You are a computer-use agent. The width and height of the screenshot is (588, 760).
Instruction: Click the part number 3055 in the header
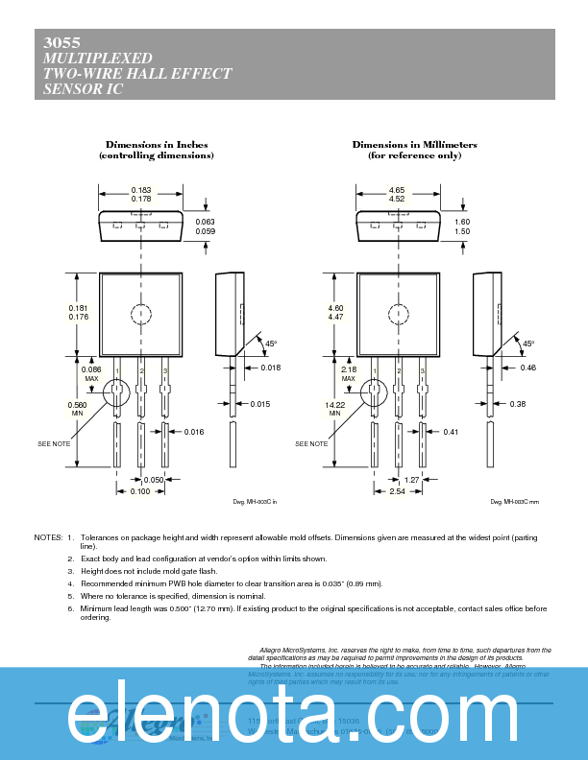click(x=61, y=43)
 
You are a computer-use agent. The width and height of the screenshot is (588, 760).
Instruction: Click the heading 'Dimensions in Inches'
click(x=157, y=144)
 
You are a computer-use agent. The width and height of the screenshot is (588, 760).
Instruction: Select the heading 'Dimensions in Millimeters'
click(x=414, y=144)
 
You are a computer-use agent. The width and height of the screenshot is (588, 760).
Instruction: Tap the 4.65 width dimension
click(x=396, y=190)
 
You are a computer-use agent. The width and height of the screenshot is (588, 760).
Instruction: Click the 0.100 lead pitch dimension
click(x=140, y=491)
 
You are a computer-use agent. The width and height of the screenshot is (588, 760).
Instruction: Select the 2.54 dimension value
click(x=396, y=491)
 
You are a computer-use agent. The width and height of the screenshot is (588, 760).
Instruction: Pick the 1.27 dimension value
click(x=410, y=479)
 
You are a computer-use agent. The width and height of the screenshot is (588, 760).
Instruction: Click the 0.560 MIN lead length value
click(x=77, y=405)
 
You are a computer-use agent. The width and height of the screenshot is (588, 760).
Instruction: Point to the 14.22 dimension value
click(x=334, y=405)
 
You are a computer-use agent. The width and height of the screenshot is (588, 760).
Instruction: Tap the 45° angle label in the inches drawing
click(x=271, y=344)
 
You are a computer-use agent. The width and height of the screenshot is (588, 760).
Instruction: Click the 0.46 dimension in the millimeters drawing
click(x=527, y=368)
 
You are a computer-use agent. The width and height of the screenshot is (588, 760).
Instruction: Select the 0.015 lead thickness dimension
click(x=259, y=404)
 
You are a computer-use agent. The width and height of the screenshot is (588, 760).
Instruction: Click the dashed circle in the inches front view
click(x=140, y=314)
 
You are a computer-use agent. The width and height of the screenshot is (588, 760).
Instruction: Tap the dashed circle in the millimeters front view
click(x=398, y=314)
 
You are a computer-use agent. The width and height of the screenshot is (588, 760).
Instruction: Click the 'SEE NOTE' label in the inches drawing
click(x=54, y=444)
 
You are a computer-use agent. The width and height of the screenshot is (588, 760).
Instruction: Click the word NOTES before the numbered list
click(x=48, y=537)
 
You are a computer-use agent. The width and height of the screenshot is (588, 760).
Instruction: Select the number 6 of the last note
click(x=70, y=608)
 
